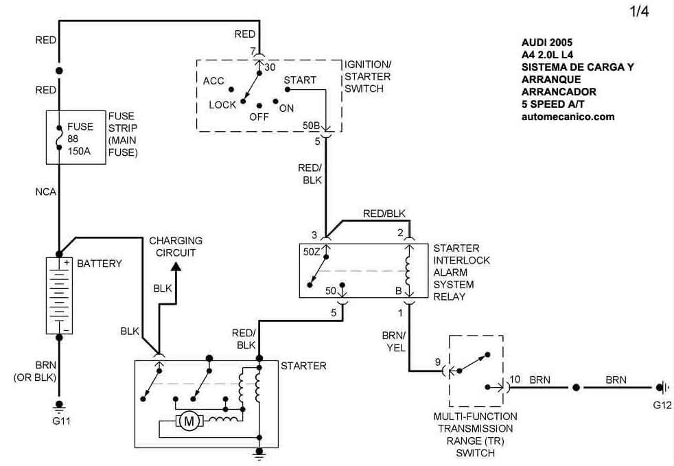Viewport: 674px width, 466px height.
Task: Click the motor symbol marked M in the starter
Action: point(188,421)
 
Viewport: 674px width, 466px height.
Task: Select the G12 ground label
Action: point(662,405)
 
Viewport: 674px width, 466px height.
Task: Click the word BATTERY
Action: point(100,264)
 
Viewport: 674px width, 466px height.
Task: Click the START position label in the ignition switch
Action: point(300,80)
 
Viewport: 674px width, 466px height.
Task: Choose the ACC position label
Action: point(213,81)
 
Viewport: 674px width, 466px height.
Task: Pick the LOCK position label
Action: point(222,105)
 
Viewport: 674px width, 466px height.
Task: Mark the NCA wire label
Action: point(46,192)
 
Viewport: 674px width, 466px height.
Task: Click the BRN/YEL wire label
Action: point(394,341)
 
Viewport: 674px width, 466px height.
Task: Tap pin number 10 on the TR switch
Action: point(515,378)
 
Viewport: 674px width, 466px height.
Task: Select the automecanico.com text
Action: point(568,117)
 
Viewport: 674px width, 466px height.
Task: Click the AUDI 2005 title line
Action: point(546,42)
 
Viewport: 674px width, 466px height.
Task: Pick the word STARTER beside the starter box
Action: point(303,366)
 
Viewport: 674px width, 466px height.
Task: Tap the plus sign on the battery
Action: point(67,262)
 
